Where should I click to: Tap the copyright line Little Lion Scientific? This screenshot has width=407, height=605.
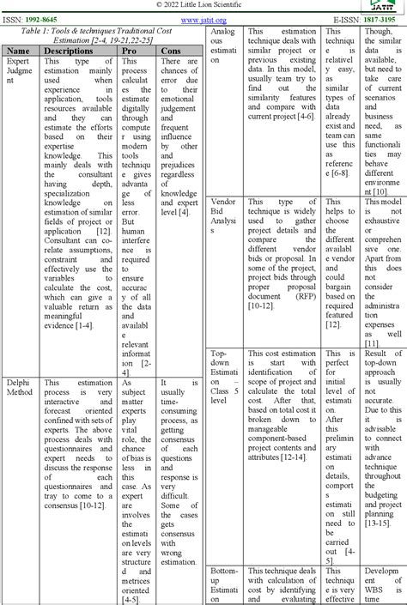(x=203, y=4)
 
